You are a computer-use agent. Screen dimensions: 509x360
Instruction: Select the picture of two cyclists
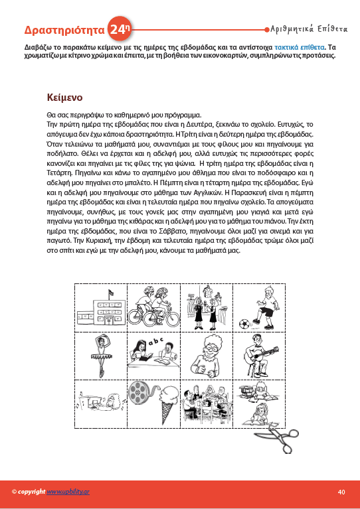point(153,307)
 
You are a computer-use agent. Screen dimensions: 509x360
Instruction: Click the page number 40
point(341,492)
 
